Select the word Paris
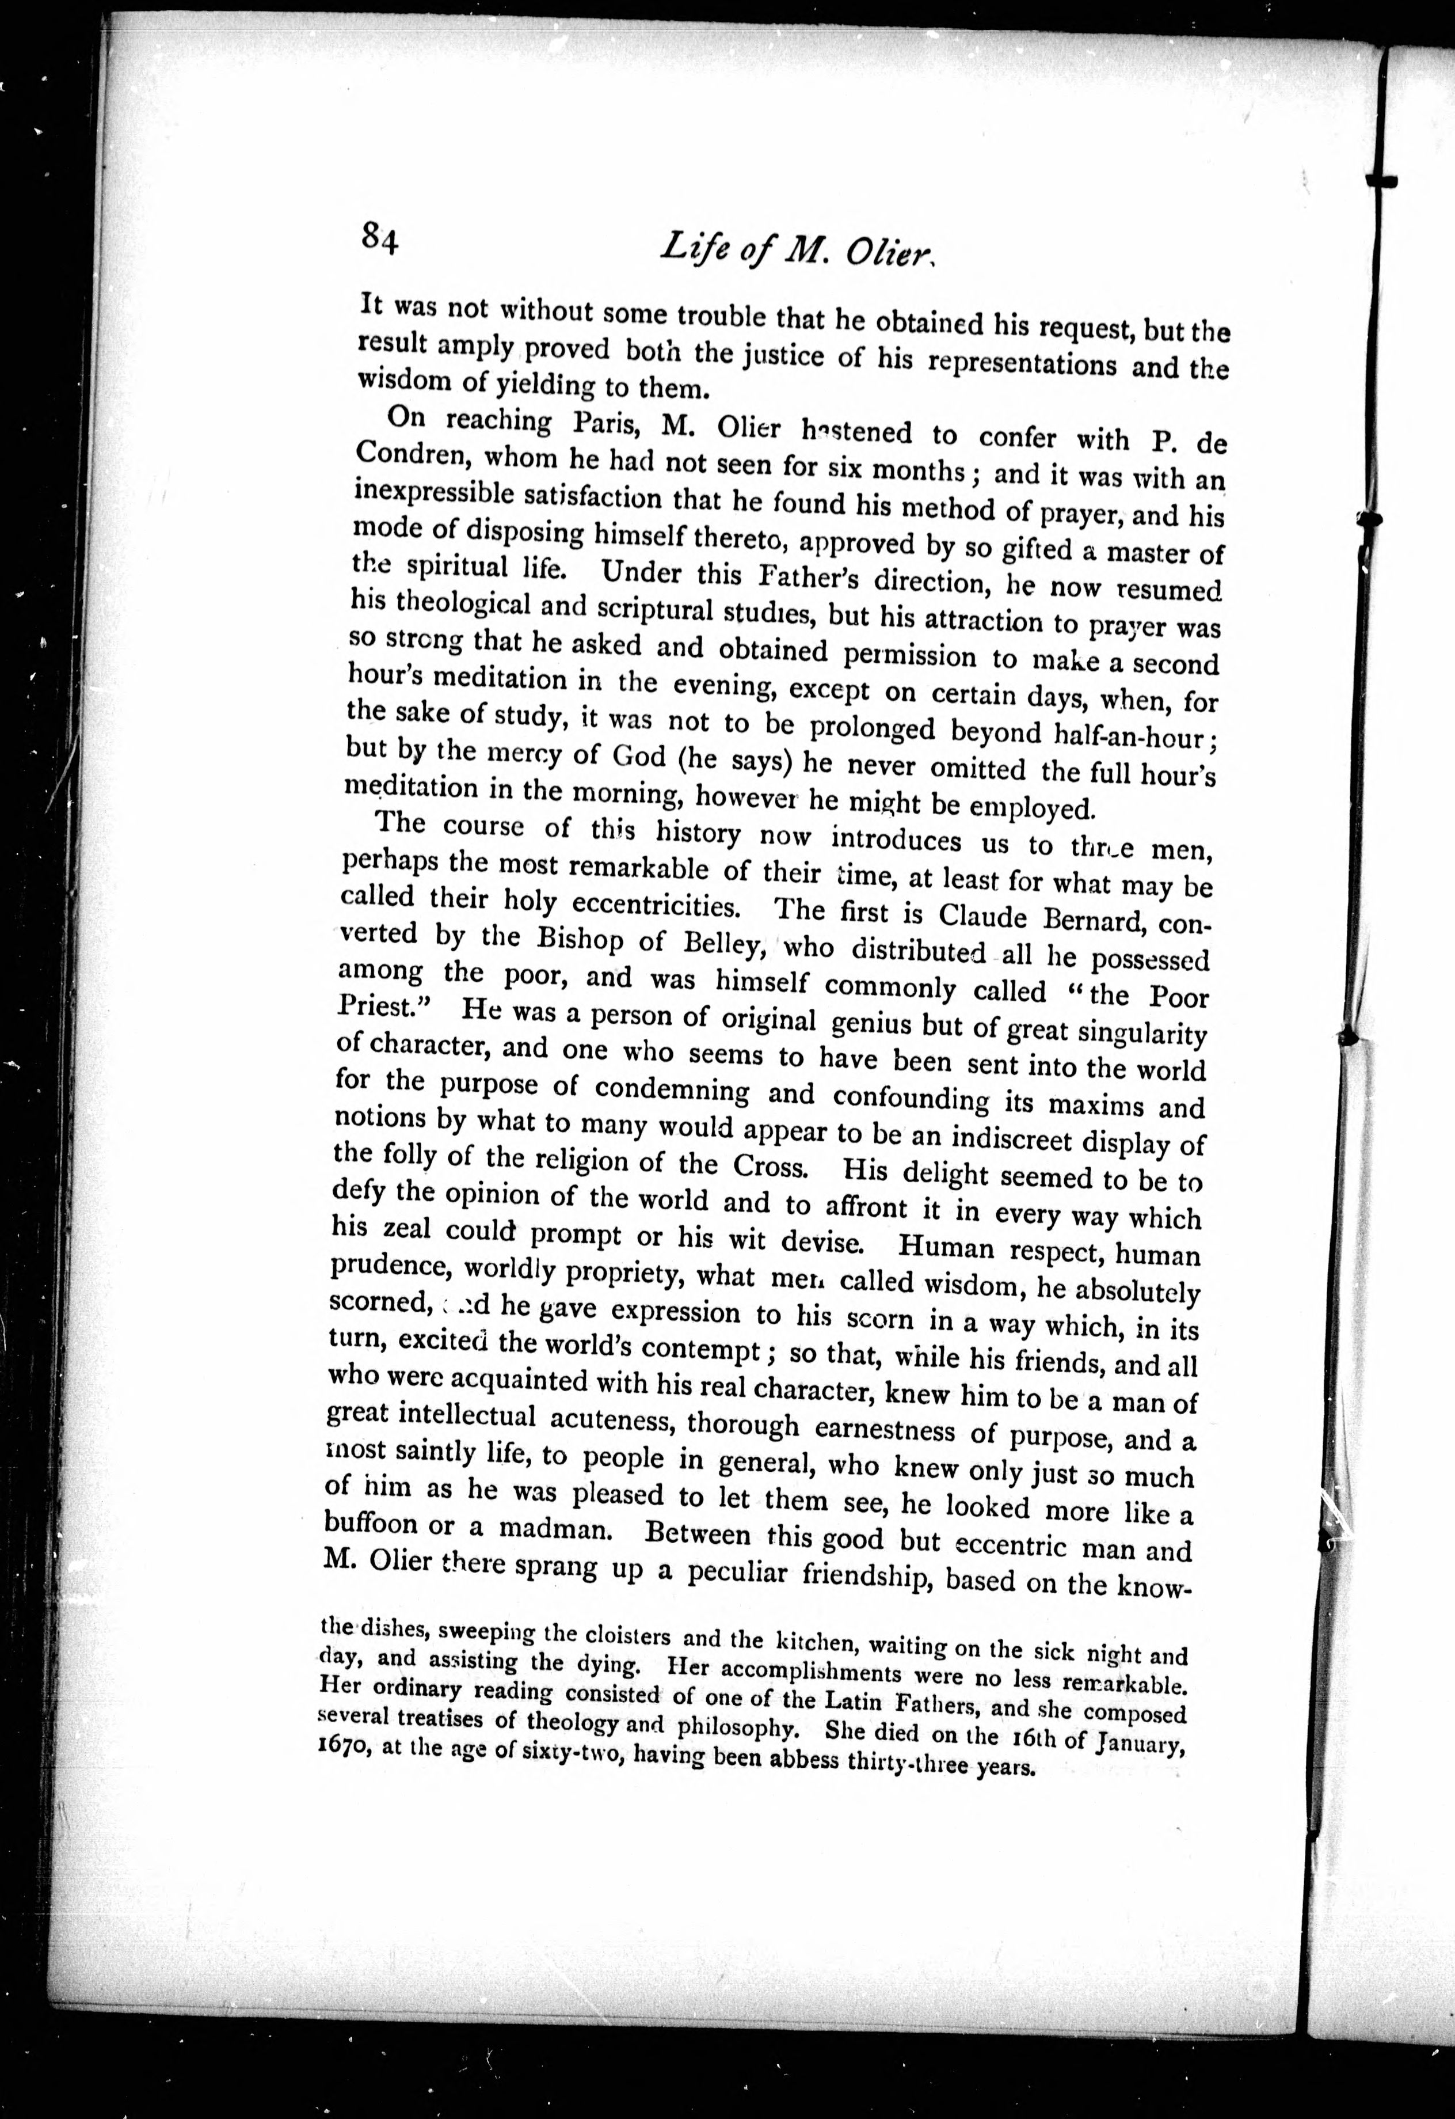pyautogui.click(x=608, y=424)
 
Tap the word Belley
pyautogui.click(x=719, y=942)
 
